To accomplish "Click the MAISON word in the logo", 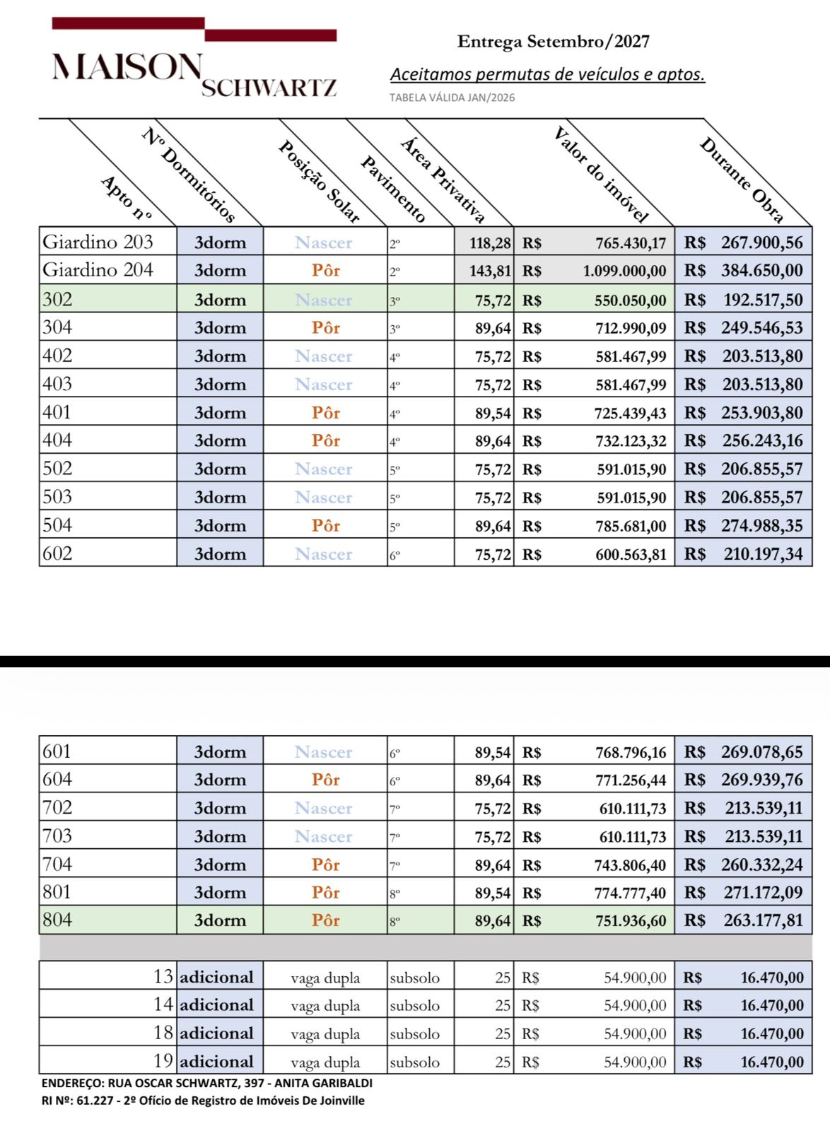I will click(127, 66).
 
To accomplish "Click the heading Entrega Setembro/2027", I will click(553, 42).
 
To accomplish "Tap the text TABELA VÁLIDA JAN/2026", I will click(452, 98).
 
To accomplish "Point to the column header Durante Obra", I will click(742, 180).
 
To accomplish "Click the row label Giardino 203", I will click(98, 242).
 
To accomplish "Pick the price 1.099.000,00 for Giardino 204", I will click(624, 271).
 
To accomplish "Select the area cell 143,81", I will click(490, 271).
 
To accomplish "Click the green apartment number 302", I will click(57, 299).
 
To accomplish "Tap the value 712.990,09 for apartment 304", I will click(631, 328).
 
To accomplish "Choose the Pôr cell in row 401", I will click(326, 412).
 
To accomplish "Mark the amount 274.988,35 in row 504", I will click(761, 526).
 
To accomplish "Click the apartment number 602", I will click(57, 553).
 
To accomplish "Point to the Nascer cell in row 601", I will click(323, 751).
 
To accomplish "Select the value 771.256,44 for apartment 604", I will click(631, 780).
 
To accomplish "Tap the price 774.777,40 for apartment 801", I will click(630, 893).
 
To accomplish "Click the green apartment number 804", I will click(57, 920).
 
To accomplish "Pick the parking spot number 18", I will click(163, 1033).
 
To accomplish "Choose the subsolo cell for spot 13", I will click(414, 978).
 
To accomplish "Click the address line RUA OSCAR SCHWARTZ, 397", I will click(206, 1083).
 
